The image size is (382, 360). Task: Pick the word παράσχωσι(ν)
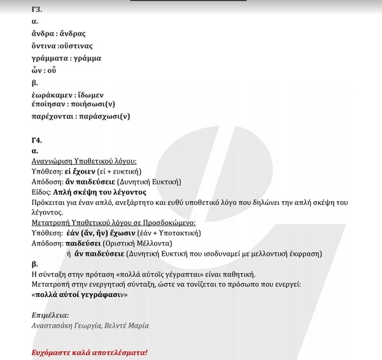(x=104, y=116)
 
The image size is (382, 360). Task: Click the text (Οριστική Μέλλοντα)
(x=137, y=243)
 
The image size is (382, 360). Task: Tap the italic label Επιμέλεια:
(x=50, y=315)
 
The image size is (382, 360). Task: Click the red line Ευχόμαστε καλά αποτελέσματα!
(x=89, y=352)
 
